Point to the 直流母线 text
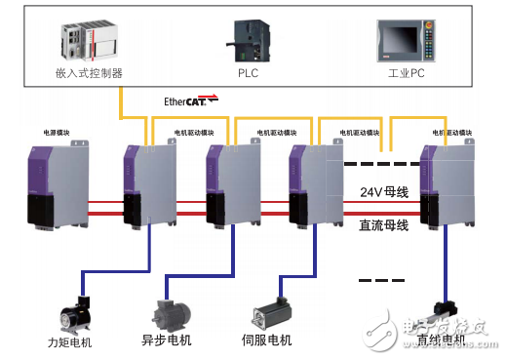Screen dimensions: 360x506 [x=381, y=222]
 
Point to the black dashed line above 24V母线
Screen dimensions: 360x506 [x=381, y=163]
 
